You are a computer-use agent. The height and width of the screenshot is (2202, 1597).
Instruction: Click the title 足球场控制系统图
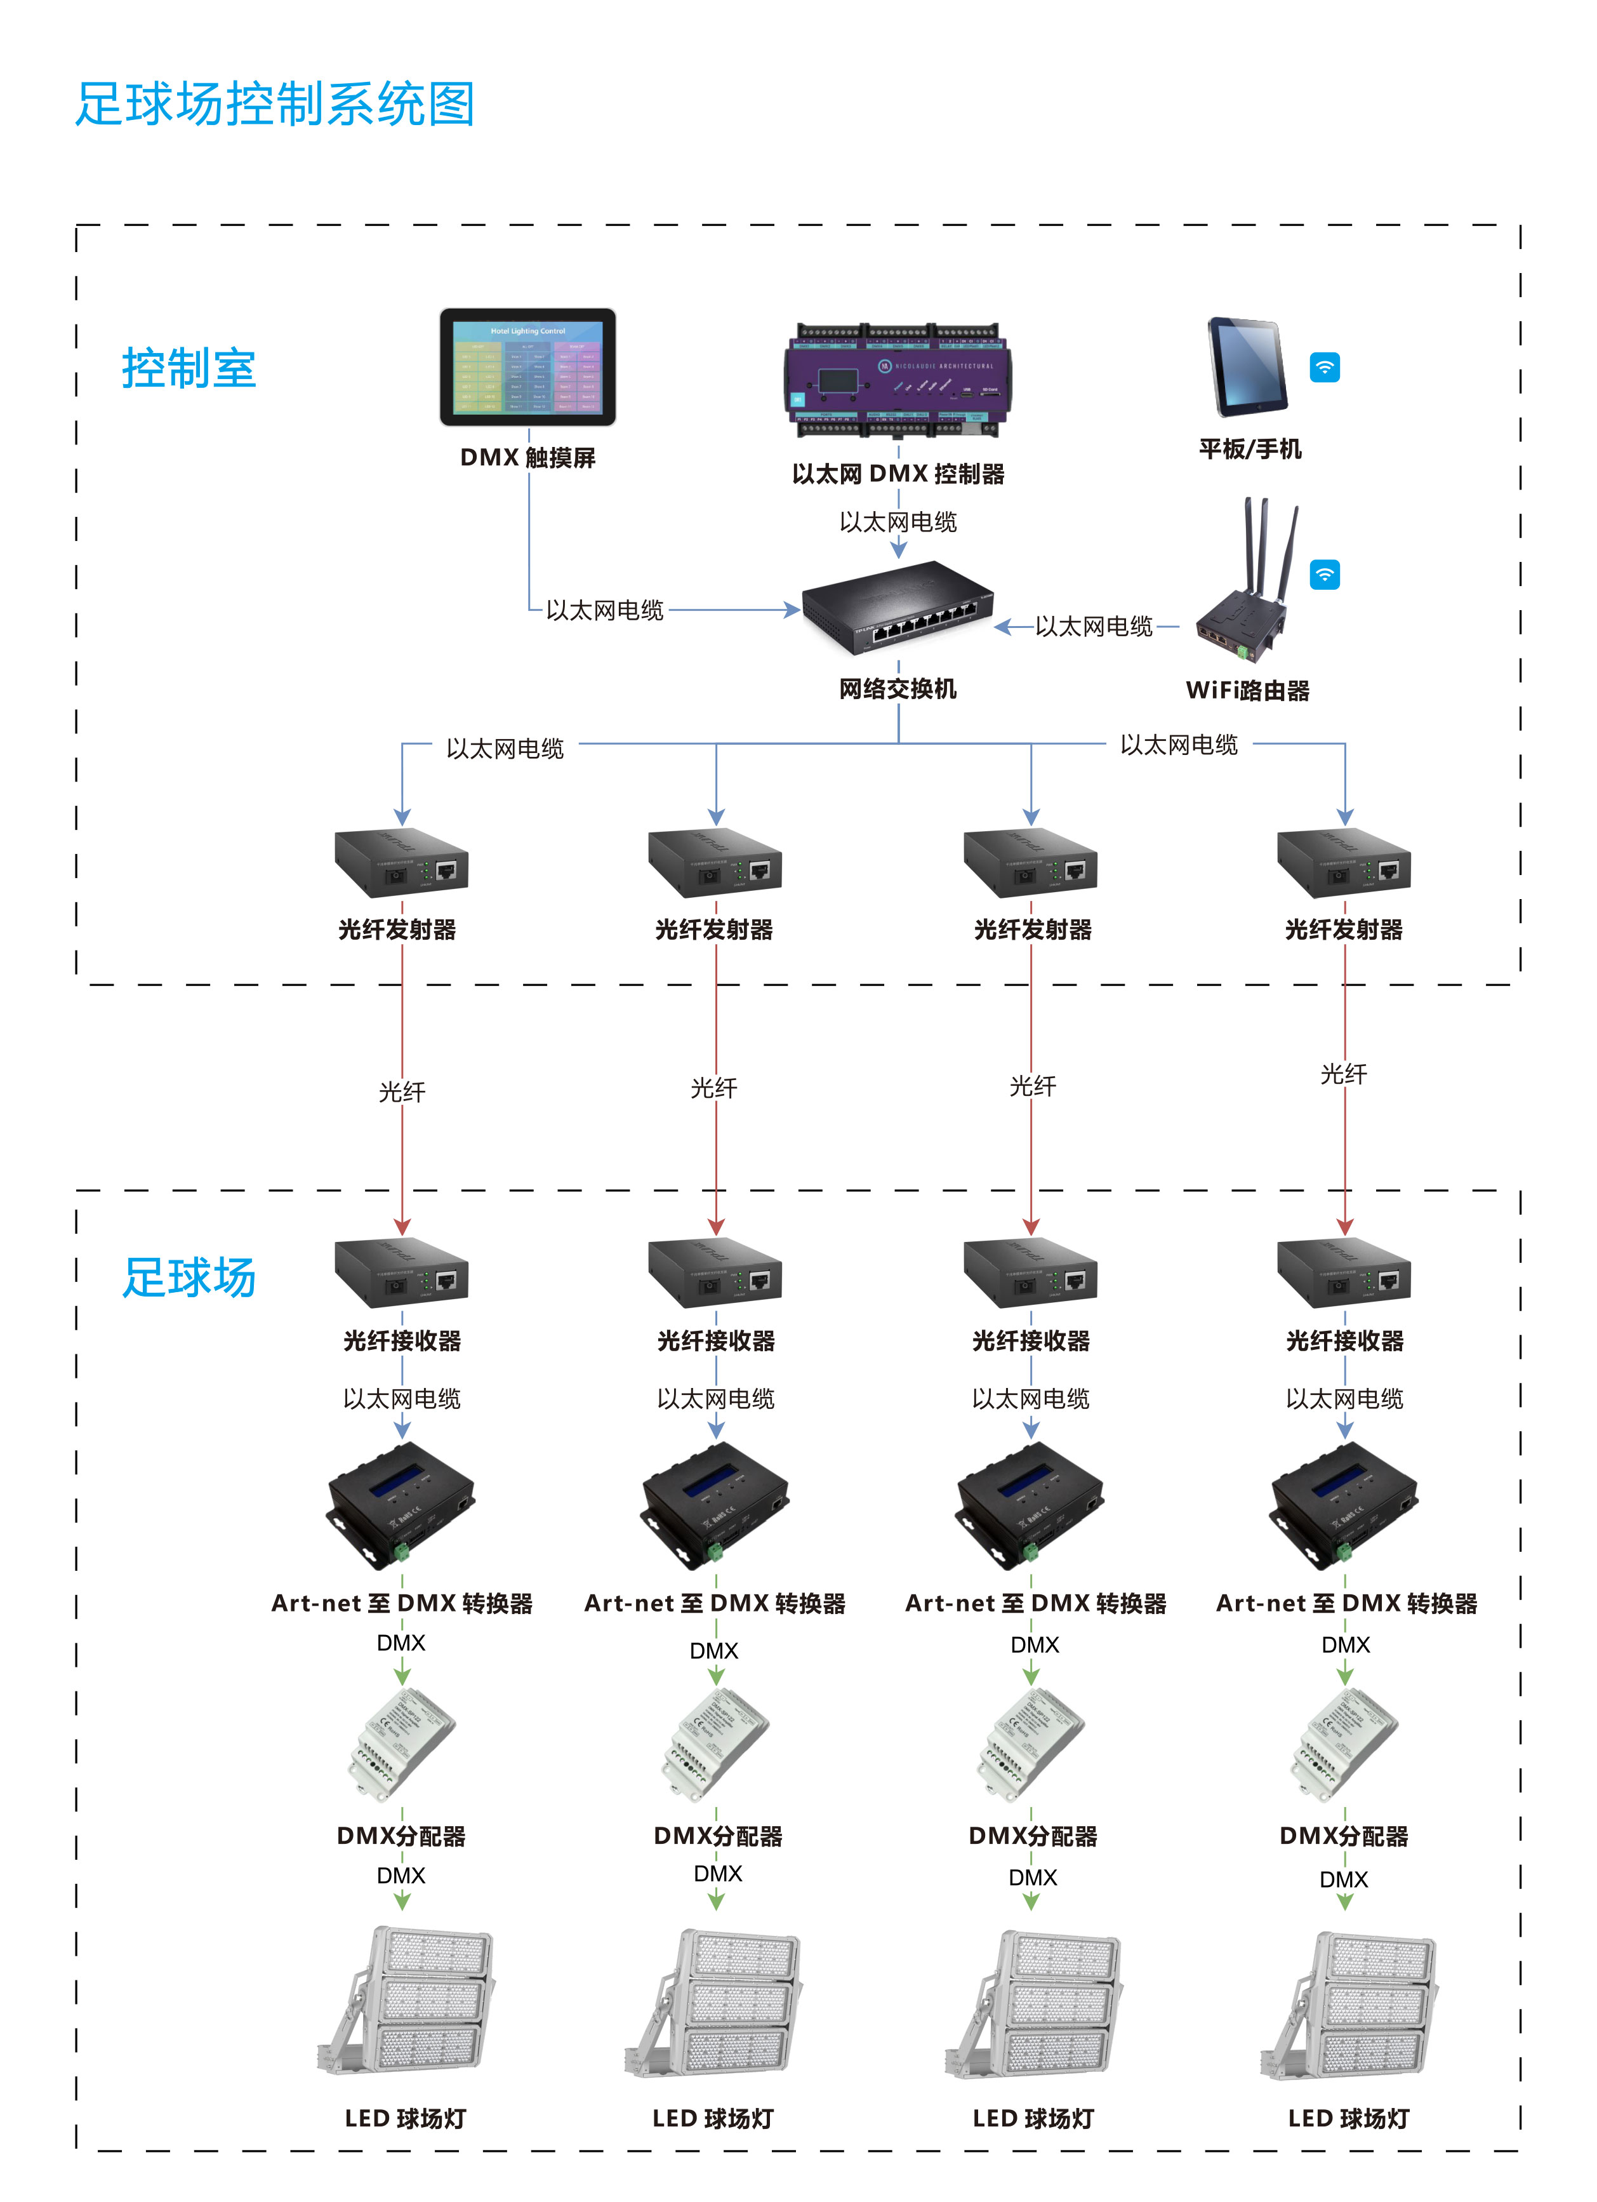click(275, 105)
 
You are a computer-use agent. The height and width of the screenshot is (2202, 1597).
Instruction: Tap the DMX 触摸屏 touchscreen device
click(527, 367)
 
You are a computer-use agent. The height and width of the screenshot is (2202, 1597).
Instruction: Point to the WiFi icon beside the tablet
click(1324, 367)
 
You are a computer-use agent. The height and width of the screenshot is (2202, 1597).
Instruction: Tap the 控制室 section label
click(189, 369)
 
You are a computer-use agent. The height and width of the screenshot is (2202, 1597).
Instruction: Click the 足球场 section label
click(189, 1277)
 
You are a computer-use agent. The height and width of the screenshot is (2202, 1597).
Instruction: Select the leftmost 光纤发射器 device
click(401, 863)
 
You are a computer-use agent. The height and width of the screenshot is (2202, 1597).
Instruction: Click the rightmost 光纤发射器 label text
click(1344, 930)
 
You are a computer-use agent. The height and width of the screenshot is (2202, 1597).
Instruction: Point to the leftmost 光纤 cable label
click(402, 1092)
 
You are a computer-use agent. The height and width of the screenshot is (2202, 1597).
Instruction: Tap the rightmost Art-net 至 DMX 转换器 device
click(1344, 1505)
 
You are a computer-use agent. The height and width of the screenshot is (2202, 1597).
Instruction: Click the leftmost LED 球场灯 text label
click(406, 2118)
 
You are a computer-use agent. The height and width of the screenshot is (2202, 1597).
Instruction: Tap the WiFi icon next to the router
click(1324, 575)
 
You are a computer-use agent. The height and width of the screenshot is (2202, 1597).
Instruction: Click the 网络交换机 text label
click(898, 690)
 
